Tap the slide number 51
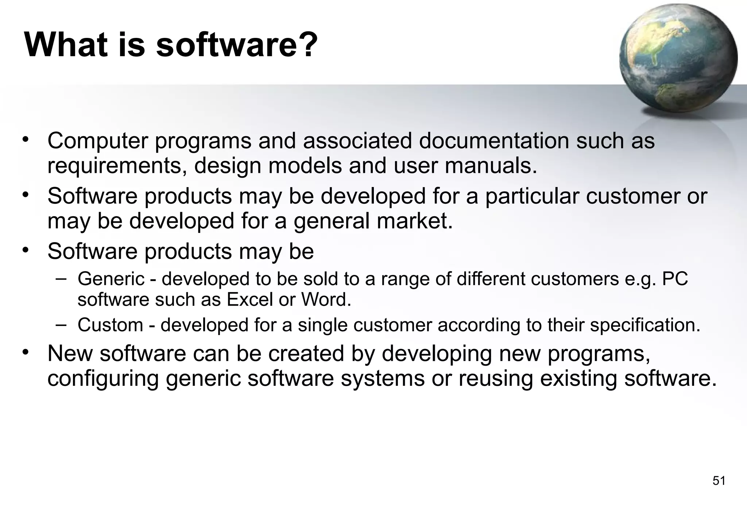click(719, 481)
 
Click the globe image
click(678, 58)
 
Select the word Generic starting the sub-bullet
click(111, 279)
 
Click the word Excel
click(249, 300)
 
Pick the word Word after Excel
click(326, 300)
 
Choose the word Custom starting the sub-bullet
click(110, 325)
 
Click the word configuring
click(103, 379)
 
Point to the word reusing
click(496, 379)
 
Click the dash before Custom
click(61, 324)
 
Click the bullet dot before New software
click(25, 352)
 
